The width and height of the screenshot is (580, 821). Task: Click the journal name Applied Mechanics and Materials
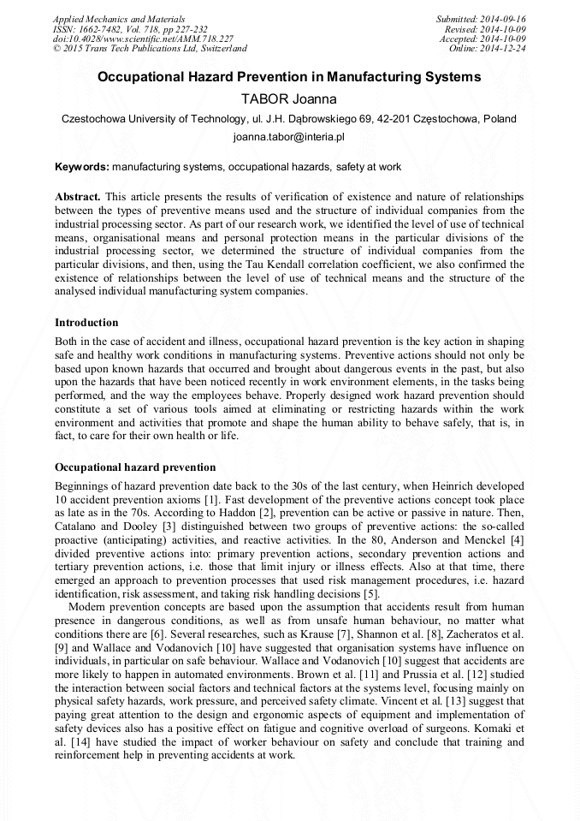point(118,19)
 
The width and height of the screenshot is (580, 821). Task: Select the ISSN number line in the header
point(129,29)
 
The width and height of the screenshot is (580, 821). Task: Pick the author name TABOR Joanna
point(289,99)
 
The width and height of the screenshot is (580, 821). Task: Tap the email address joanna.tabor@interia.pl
point(289,137)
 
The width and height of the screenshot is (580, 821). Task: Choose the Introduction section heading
point(86,323)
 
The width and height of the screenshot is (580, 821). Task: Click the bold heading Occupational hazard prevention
point(135,467)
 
